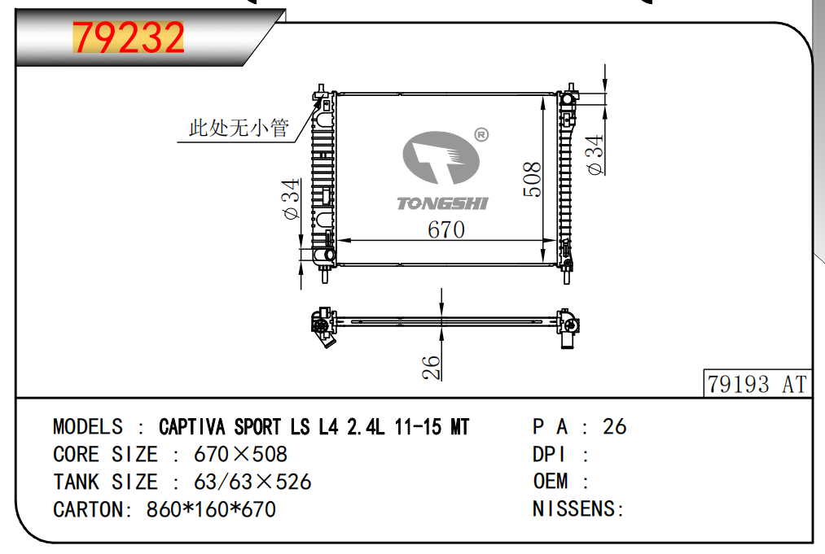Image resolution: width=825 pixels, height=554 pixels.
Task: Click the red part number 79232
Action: point(129,37)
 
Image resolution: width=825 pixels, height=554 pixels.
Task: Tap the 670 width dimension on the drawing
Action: point(446,229)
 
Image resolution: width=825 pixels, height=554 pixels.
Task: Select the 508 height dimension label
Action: point(532,179)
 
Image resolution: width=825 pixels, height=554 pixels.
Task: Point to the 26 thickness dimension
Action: point(431,368)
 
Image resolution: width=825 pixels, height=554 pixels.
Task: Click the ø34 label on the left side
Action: point(291,198)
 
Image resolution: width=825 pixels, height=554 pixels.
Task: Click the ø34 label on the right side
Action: point(595,155)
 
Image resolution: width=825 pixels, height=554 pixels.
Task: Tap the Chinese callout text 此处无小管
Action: point(239,127)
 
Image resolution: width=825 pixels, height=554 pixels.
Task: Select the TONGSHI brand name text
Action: point(442,203)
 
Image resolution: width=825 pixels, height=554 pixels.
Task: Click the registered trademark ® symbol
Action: point(481,135)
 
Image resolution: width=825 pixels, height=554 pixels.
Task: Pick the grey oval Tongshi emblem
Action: point(441,158)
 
